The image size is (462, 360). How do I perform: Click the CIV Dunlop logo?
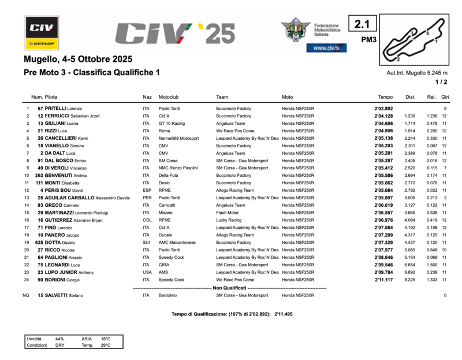click(x=42, y=32)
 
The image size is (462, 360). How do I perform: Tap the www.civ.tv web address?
click(x=326, y=48)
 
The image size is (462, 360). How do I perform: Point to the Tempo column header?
click(x=385, y=97)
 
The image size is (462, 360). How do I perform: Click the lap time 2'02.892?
click(x=383, y=109)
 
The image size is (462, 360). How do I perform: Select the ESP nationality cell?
click(x=147, y=190)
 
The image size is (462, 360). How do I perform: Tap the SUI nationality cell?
click(x=147, y=243)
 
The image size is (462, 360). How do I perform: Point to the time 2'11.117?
click(x=383, y=280)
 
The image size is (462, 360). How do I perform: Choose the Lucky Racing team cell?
click(x=229, y=220)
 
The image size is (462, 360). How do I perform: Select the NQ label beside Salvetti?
click(x=25, y=295)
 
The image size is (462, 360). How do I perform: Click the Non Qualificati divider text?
click(x=229, y=287)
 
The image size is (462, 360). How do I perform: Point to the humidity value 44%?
click(x=59, y=339)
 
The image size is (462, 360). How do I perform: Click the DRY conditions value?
click(x=60, y=345)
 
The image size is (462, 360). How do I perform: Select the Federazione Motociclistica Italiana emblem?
click(x=295, y=29)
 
